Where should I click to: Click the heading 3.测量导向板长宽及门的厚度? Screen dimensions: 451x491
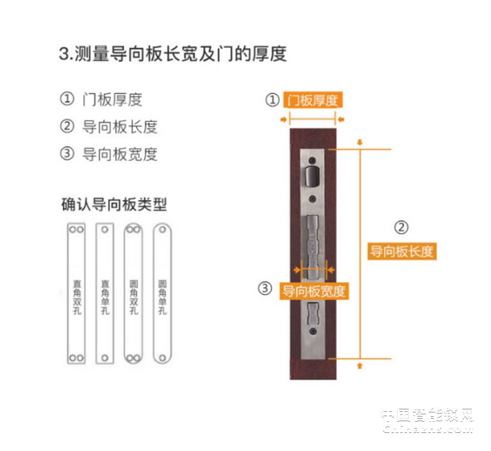173,53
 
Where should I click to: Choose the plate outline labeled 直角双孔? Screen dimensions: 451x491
76,293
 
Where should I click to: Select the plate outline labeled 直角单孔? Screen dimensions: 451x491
104,293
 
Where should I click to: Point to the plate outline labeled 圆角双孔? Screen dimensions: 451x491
133,293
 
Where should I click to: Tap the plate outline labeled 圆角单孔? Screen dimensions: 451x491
162,293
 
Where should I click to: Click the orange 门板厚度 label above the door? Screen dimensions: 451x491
313,100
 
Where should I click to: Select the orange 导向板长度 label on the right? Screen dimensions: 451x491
401,252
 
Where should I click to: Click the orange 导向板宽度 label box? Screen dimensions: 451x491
314,290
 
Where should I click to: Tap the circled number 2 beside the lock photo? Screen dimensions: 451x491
402,227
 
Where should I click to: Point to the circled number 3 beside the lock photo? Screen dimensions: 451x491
265,289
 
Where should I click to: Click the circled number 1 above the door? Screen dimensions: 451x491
272,100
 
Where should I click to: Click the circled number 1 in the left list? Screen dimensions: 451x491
67,99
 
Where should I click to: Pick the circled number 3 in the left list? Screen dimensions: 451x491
67,154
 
